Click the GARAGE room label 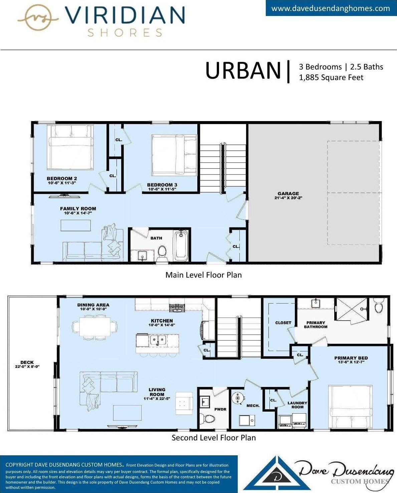pos(288,194)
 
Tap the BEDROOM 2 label pos(62,178)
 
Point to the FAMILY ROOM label pos(78,209)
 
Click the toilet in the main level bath pos(162,254)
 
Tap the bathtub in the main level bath pos(181,245)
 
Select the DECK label pos(27,363)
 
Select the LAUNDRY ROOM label pos(297,405)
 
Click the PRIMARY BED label pos(351,358)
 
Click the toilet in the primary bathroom pos(379,306)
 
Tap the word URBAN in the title pos(243,71)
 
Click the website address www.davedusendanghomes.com pos(330,8)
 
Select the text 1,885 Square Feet pos(331,77)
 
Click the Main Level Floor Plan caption pos(203,275)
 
